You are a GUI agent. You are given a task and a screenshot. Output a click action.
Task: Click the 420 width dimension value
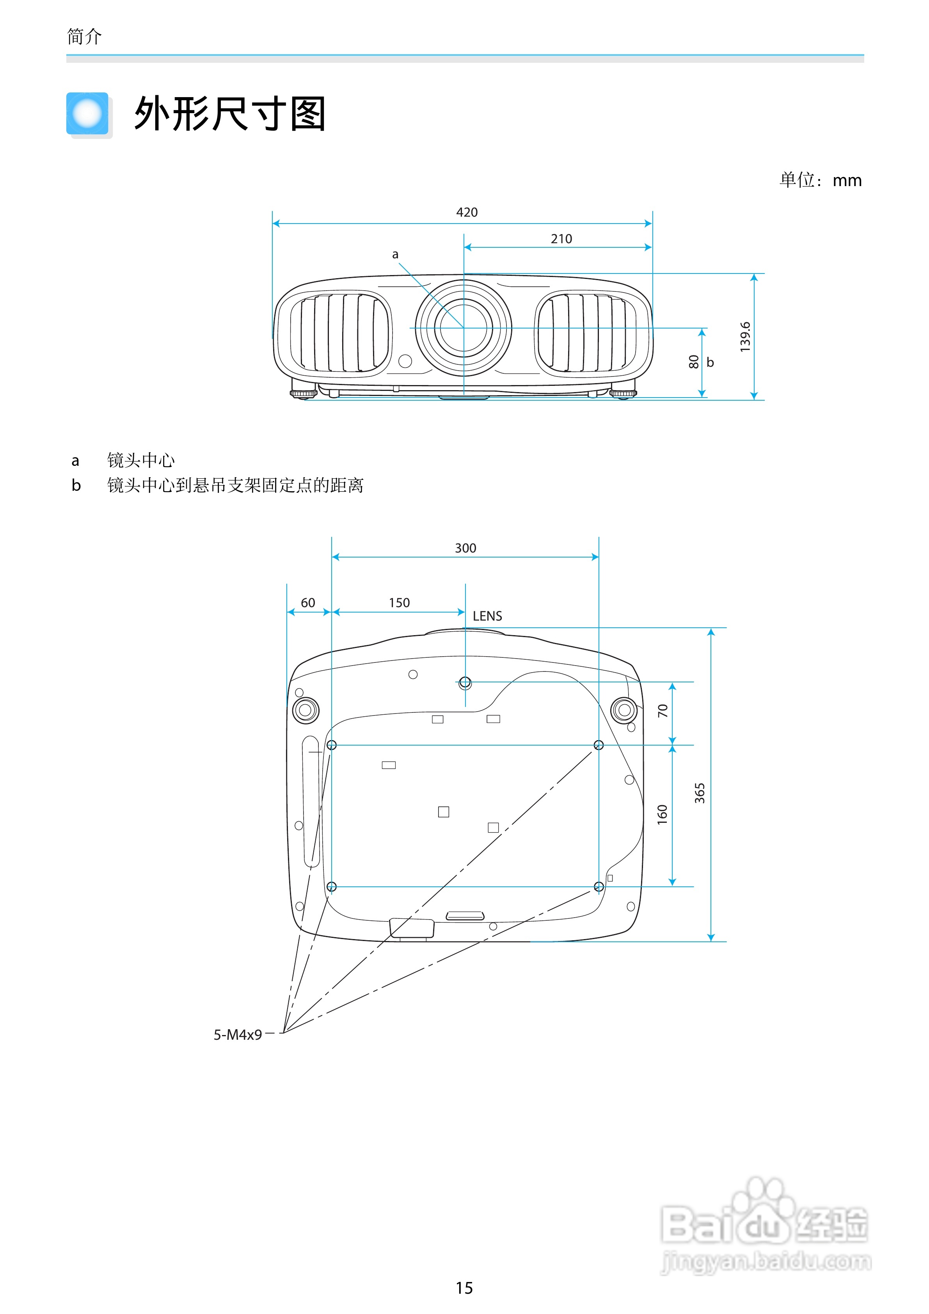467,212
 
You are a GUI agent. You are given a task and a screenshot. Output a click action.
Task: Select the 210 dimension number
561,239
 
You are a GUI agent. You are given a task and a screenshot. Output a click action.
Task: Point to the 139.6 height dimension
745,337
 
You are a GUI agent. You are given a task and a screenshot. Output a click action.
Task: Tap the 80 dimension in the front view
694,362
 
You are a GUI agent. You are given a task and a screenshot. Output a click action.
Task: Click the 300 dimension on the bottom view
465,548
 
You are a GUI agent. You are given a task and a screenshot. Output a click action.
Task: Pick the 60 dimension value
308,603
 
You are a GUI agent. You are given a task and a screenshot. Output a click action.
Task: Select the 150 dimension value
399,603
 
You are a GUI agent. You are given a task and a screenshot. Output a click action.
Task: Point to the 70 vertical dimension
662,711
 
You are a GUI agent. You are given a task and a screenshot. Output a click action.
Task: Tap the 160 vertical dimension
662,814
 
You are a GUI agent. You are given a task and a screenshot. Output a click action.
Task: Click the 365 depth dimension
700,793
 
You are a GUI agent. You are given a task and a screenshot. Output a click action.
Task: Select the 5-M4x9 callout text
238,1035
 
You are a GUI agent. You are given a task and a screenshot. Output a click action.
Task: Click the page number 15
464,1288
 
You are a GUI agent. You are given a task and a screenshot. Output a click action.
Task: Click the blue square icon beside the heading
87,113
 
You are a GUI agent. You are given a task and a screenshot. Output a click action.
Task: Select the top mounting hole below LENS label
465,682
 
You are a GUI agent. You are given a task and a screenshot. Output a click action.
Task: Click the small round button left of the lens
405,361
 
